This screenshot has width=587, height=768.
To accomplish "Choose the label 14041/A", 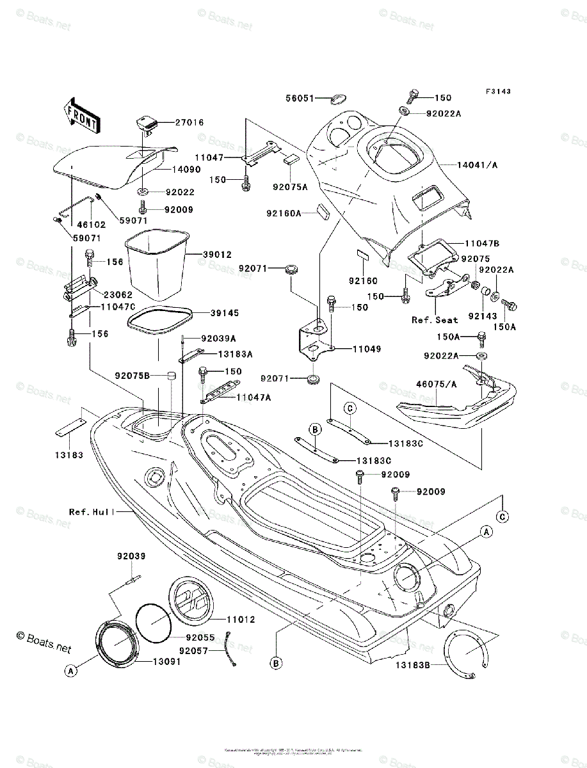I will [477, 165].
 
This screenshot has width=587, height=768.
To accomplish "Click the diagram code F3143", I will [497, 92].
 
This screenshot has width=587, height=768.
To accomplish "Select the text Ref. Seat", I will [436, 320].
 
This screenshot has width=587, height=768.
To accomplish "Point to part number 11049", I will [366, 349].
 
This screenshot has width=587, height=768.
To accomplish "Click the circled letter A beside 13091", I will [71, 670].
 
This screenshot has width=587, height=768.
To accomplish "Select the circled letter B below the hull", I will [276, 663].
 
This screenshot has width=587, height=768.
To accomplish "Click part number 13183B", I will [412, 666].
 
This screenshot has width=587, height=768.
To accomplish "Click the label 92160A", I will [284, 213].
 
